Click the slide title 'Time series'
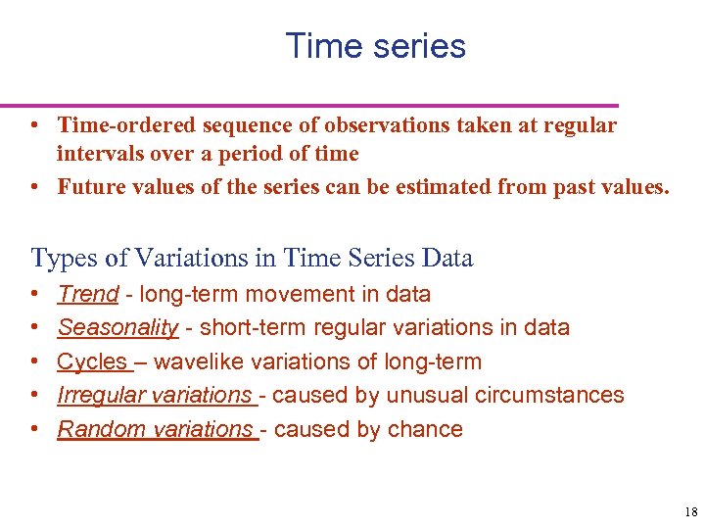point(375,46)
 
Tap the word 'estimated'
point(449,187)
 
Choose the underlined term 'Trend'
point(88,294)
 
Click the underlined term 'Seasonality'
point(117,327)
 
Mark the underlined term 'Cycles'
point(92,361)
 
